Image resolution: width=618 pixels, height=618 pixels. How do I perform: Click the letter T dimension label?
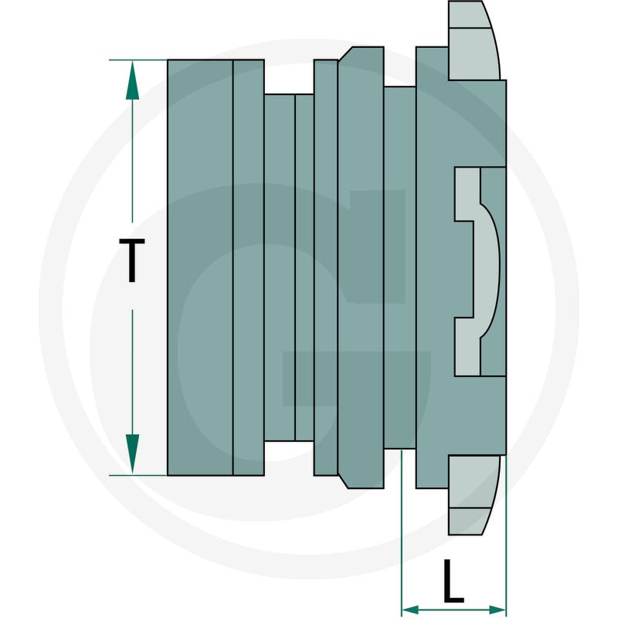pos(132,260)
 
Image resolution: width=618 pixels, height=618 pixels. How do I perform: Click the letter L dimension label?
pos(453,581)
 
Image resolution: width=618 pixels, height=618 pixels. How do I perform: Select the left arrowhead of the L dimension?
pos(410,610)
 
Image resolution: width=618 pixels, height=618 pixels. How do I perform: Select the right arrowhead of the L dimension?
pos(497,610)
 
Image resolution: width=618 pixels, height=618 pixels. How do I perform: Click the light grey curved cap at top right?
pos(473,41)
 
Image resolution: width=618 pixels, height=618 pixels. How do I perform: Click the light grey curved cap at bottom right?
pos(473,495)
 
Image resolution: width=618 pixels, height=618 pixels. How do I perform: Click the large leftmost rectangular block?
pos(200,267)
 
